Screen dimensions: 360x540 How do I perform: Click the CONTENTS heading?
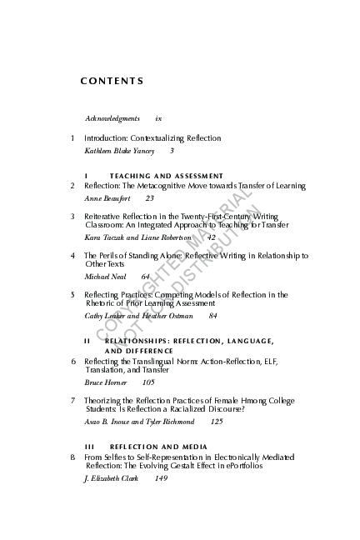[112, 81]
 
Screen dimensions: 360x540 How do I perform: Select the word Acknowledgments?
[112, 119]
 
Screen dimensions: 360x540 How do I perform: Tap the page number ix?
[158, 119]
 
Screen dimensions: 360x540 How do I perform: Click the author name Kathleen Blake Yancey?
[121, 151]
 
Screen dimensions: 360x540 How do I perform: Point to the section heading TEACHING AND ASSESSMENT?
[166, 176]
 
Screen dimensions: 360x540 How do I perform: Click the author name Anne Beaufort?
[107, 198]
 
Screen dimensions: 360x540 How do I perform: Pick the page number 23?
[149, 198]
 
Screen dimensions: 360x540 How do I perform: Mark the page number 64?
[145, 276]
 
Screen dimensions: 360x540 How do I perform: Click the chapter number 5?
[73, 294]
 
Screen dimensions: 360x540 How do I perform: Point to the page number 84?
[212, 317]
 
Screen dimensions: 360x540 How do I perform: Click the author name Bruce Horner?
[106, 382]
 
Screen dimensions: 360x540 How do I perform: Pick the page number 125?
[217, 422]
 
